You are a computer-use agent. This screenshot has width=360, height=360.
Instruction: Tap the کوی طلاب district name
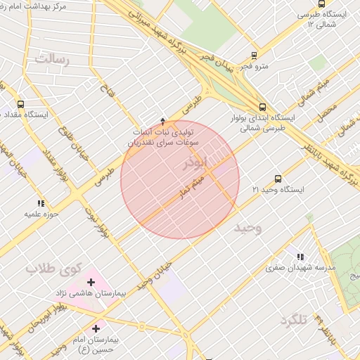point(54,268)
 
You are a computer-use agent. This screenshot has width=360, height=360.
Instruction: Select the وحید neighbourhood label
point(247,229)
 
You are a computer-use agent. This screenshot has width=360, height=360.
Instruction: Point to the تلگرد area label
point(294,320)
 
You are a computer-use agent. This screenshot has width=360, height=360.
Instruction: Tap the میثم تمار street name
point(191,186)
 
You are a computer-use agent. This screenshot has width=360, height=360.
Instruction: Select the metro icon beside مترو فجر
point(254,54)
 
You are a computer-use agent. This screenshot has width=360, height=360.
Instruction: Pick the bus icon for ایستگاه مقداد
point(20,104)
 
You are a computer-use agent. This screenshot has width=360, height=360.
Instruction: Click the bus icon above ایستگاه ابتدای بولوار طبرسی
point(262,108)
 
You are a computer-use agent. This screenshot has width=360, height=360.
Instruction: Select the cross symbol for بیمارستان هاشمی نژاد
point(91,282)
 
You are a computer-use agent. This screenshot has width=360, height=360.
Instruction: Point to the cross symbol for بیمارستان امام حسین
point(96,328)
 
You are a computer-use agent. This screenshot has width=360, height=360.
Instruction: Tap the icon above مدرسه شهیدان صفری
point(300,257)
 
